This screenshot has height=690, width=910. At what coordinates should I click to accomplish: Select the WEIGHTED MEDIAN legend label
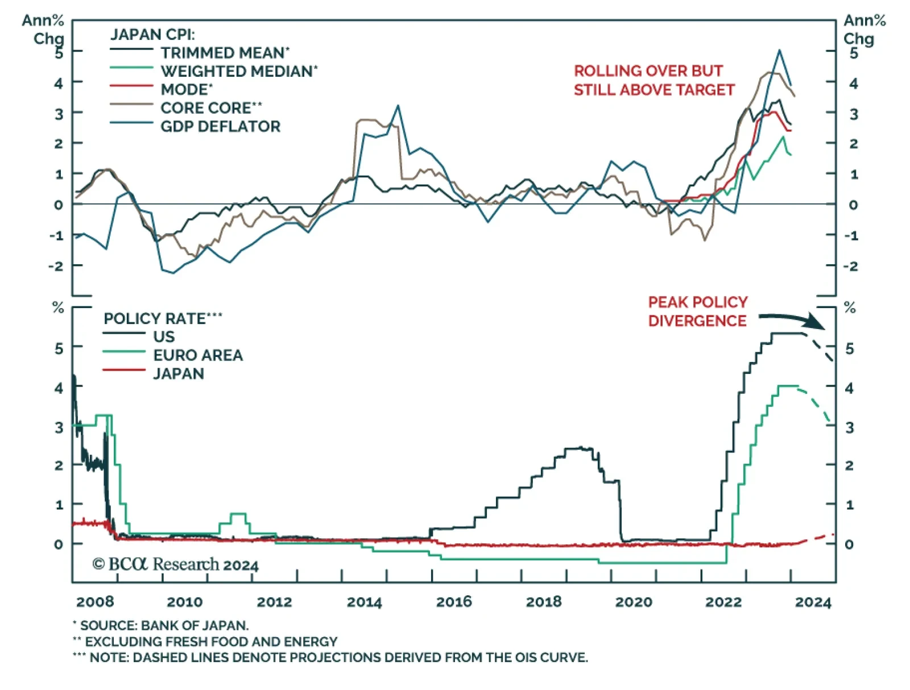[x=238, y=72]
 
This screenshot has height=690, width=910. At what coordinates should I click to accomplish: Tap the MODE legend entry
[x=186, y=90]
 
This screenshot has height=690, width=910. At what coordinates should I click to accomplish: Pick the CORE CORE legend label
[x=210, y=108]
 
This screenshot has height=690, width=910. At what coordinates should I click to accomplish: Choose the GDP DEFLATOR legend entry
[x=220, y=126]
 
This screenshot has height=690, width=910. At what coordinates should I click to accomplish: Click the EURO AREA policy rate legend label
[x=197, y=355]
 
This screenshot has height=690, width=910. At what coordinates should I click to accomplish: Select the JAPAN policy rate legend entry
[x=178, y=373]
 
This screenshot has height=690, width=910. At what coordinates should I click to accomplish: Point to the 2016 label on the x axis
[x=454, y=602]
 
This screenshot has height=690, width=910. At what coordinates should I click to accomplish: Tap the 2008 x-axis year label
[x=95, y=602]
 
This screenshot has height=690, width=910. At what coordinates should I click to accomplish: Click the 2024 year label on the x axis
[x=813, y=602]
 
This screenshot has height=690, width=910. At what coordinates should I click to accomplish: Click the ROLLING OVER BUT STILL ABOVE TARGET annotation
[x=653, y=80]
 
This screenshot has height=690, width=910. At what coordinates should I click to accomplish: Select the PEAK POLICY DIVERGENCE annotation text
[x=697, y=311]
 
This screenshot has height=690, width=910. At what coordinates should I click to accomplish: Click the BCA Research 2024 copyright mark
[x=175, y=564]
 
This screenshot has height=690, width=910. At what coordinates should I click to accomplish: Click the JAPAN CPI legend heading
[x=152, y=35]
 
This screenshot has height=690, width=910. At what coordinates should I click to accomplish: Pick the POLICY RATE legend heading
[x=162, y=318]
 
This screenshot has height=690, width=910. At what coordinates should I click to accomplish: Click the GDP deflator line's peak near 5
[x=779, y=51]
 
